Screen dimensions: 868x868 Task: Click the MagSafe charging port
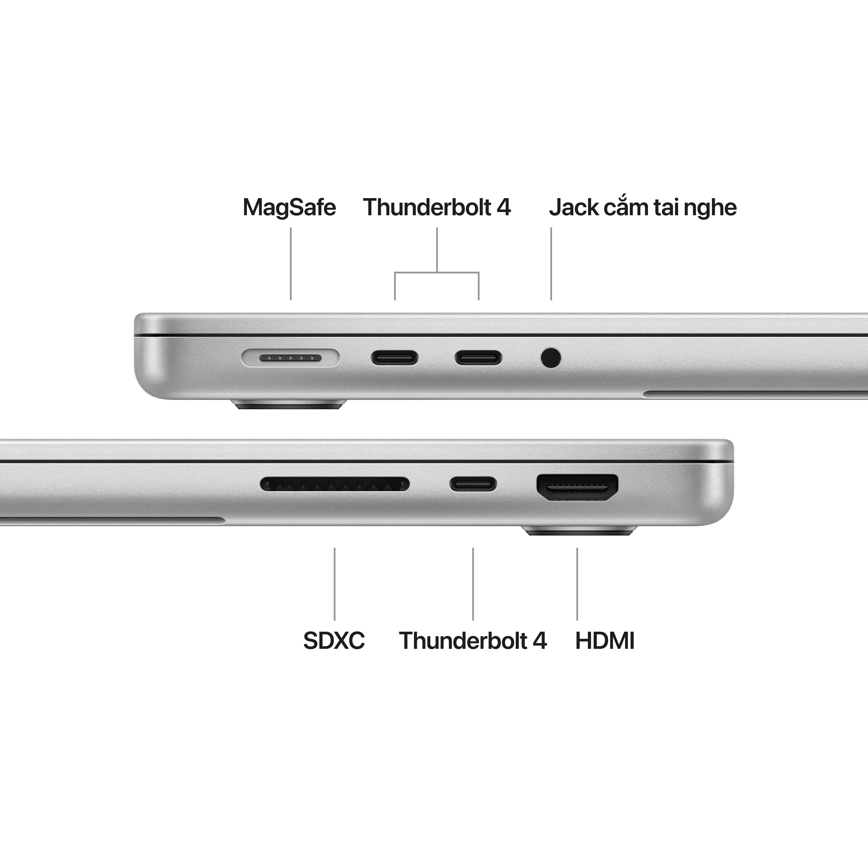click(x=290, y=358)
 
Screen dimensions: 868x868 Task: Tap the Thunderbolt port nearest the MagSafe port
click(x=395, y=358)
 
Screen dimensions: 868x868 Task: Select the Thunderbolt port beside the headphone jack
click(x=478, y=358)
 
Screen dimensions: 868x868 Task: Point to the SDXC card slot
click(x=335, y=484)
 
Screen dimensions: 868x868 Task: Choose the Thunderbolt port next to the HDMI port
click(x=473, y=484)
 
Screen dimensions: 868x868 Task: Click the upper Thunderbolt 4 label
click(x=437, y=208)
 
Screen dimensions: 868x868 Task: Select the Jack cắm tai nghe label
click(x=643, y=208)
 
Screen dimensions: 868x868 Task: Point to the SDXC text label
click(x=334, y=641)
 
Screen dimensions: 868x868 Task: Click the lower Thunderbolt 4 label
click(x=473, y=641)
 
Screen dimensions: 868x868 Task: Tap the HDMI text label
click(x=605, y=641)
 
